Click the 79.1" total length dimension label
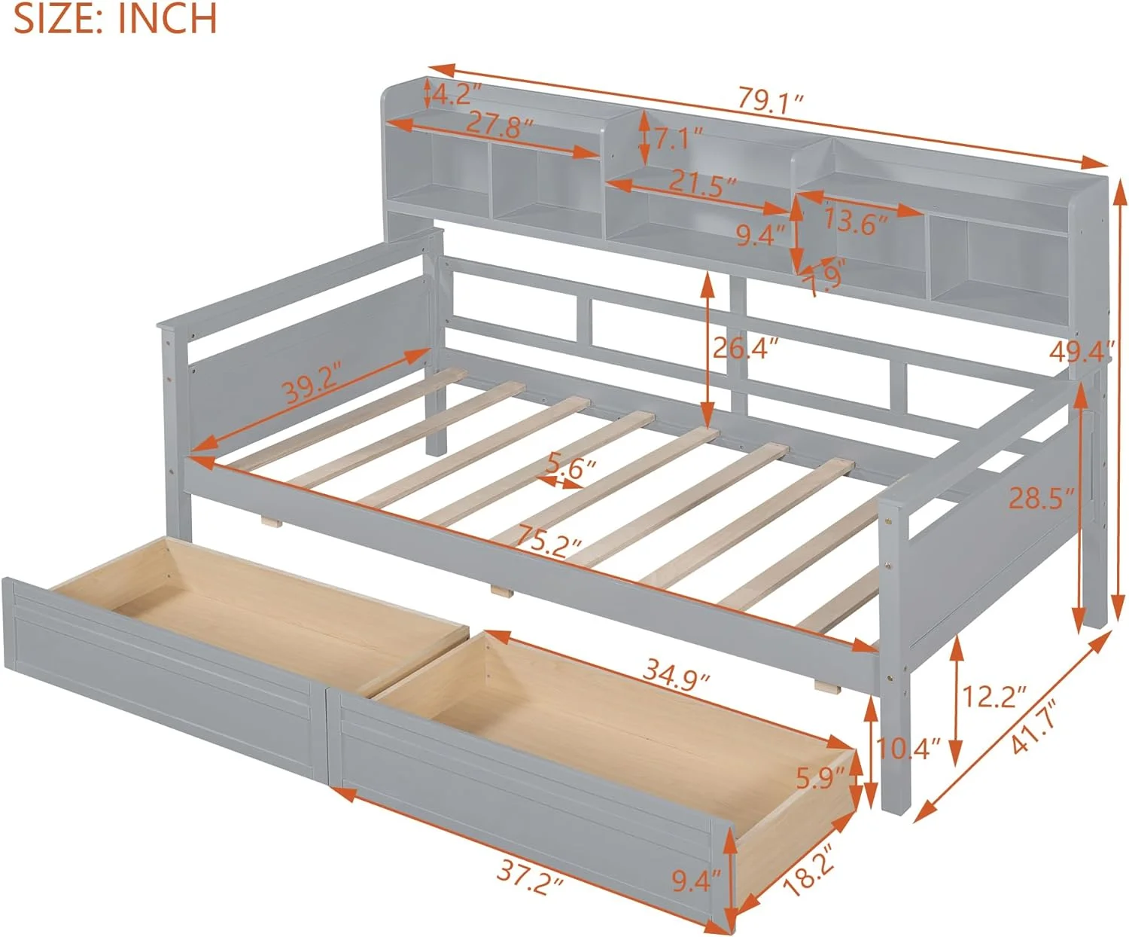(771, 99)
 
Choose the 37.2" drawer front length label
(529, 877)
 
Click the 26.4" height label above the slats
(745, 348)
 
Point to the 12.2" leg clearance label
(994, 697)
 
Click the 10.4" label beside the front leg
(909, 748)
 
